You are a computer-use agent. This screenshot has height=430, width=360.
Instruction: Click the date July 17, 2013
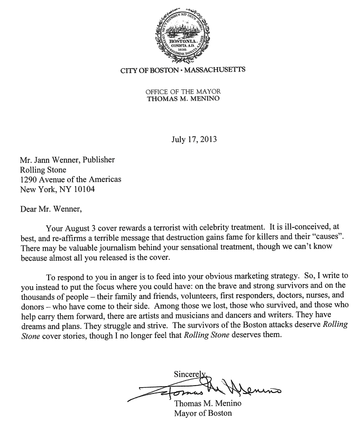[194, 140]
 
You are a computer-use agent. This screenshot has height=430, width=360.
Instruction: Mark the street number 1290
[30, 179]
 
